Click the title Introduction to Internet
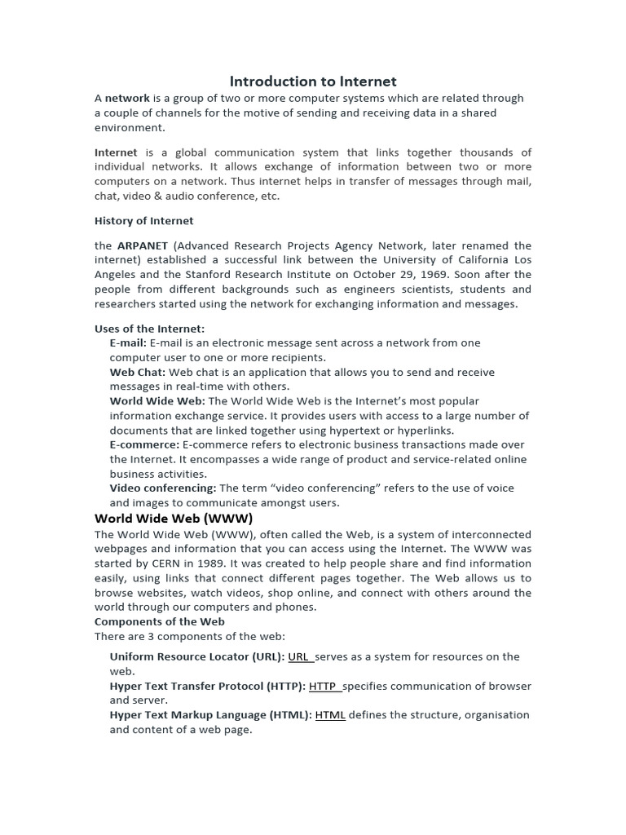pyautogui.click(x=313, y=82)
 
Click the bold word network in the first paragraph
pyautogui.click(x=127, y=99)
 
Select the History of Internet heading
pyautogui.click(x=144, y=221)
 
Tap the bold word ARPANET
pyautogui.click(x=143, y=245)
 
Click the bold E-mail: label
pyautogui.click(x=128, y=343)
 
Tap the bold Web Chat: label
pyautogui.click(x=137, y=373)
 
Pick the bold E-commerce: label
pyautogui.click(x=144, y=445)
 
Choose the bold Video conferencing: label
pyautogui.click(x=163, y=488)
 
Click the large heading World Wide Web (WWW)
pyautogui.click(x=174, y=519)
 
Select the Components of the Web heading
pyautogui.click(x=160, y=621)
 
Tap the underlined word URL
pyautogui.click(x=298, y=657)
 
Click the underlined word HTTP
pyautogui.click(x=323, y=687)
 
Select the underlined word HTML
pyautogui.click(x=330, y=715)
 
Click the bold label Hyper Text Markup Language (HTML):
pyautogui.click(x=210, y=715)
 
